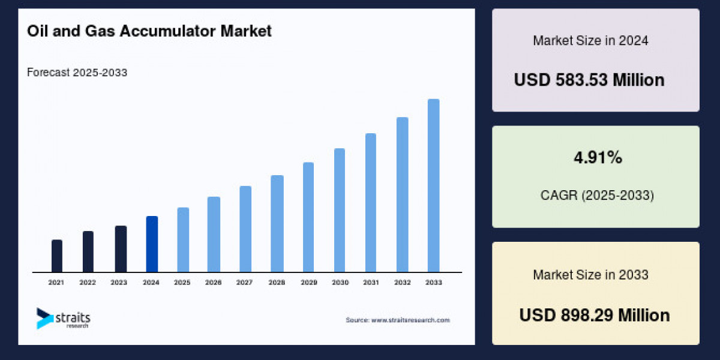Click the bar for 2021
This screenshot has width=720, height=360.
57,256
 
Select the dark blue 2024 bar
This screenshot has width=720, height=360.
152,244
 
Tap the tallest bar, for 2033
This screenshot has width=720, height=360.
433,185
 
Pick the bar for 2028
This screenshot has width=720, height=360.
277,224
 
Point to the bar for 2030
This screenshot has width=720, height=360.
340,210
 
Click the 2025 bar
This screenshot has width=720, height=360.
183,240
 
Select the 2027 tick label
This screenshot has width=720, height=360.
245,282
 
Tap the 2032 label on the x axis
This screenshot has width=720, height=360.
402,282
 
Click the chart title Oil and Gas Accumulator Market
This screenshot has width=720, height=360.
149,31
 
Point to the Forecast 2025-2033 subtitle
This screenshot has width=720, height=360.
77,73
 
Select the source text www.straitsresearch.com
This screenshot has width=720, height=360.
397,320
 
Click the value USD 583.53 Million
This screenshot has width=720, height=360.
589,80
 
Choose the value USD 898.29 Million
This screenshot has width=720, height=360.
594,315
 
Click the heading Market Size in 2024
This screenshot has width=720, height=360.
590,41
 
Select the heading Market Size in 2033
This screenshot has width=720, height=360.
590,275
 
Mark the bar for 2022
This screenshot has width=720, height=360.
88,252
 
